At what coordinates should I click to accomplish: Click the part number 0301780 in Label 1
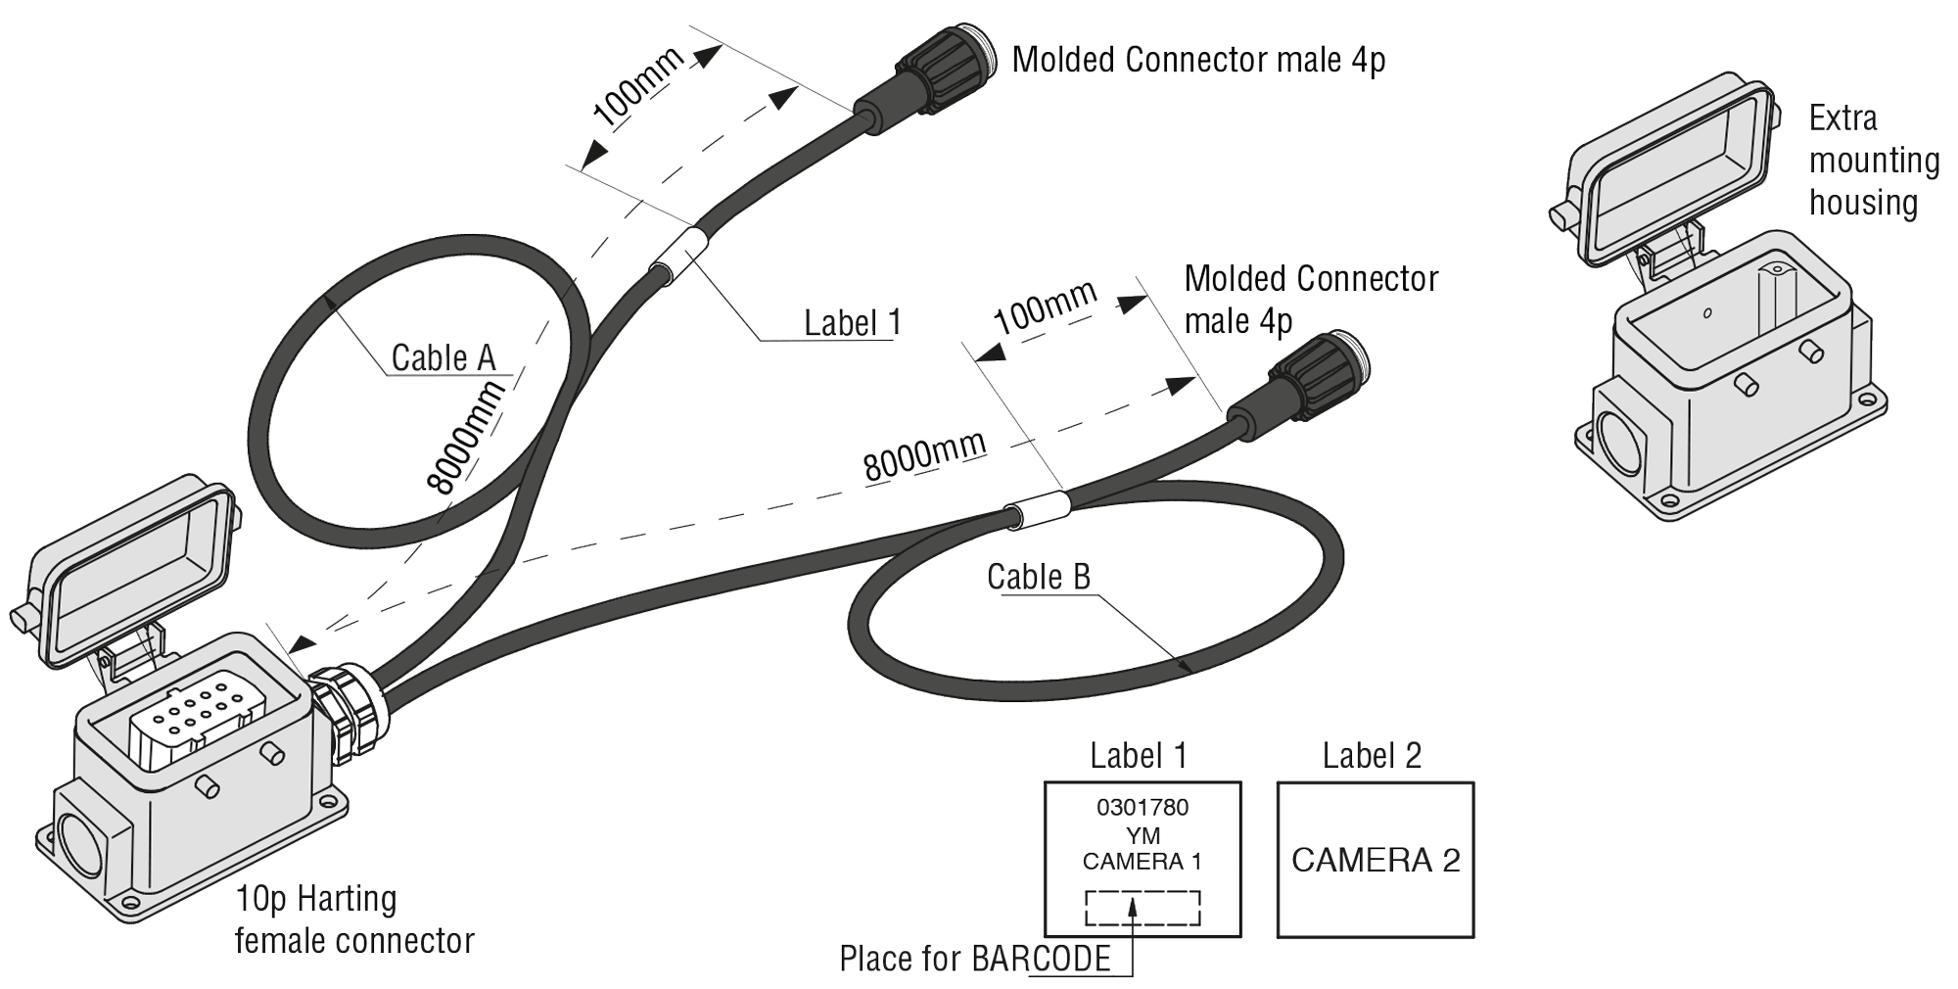coord(1142,807)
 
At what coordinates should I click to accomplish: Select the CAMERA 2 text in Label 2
coord(1375,860)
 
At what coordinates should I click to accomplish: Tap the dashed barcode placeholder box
coord(1142,908)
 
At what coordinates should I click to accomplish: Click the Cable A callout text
coord(443,357)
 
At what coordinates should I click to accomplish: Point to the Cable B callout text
coord(1038,577)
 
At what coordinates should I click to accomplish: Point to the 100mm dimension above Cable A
coord(637,88)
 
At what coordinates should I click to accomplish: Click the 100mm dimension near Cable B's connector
coord(1044,307)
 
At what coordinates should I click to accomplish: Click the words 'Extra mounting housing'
coord(1872,160)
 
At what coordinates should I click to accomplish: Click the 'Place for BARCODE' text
coord(974,958)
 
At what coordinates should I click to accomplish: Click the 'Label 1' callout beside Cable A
coord(852,322)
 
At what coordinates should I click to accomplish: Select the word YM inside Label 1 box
coord(1142,835)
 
